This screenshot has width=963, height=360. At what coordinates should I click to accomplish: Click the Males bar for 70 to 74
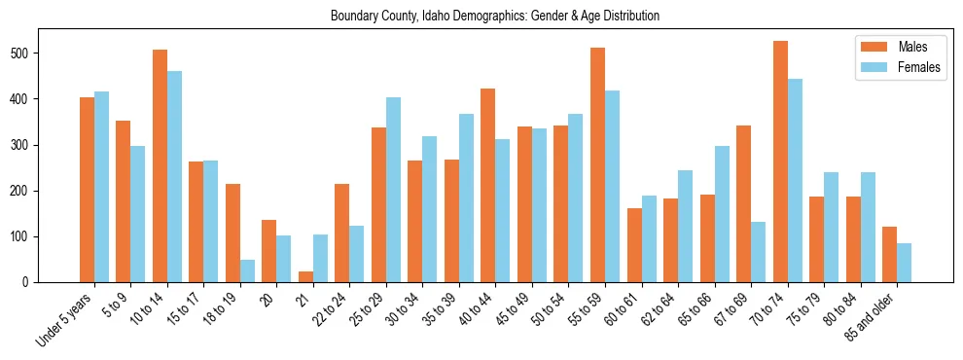pyautogui.click(x=780, y=162)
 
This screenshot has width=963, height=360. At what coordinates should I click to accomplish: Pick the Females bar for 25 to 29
pyautogui.click(x=393, y=190)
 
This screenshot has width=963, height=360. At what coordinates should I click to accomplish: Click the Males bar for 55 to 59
pyautogui.click(x=598, y=165)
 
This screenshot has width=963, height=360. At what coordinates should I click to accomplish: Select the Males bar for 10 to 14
pyautogui.click(x=160, y=166)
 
